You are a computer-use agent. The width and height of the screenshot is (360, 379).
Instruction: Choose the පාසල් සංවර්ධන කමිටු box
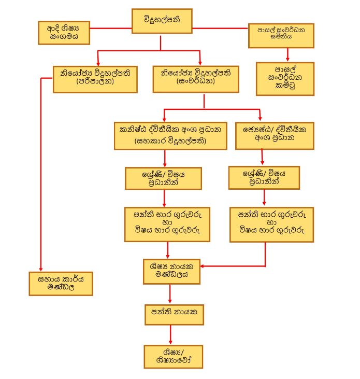point(285,79)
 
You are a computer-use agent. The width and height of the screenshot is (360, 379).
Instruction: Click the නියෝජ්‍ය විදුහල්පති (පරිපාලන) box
point(95,79)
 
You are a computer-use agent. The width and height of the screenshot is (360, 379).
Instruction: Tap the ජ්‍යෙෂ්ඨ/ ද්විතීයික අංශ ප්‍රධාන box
point(274,135)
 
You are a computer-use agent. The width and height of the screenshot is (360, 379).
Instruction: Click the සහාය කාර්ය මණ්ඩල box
point(61,283)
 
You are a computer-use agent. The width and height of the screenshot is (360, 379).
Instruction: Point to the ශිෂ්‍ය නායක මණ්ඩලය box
point(171,271)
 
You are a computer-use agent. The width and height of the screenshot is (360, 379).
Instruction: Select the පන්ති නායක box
point(174,314)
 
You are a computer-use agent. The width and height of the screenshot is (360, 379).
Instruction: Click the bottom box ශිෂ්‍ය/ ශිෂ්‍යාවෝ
point(173,356)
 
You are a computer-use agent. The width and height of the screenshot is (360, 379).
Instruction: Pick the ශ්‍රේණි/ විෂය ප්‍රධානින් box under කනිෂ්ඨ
point(163,178)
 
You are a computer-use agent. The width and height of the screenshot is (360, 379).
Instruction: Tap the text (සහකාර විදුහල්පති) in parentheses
point(170,141)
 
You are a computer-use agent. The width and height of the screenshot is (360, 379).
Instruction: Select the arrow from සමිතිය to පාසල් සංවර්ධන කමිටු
point(287,53)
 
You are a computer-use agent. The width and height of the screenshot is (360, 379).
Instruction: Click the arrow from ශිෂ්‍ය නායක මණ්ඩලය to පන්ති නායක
point(170,294)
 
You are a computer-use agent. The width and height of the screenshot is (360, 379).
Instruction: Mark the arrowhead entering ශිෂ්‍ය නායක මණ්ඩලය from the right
point(204,266)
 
